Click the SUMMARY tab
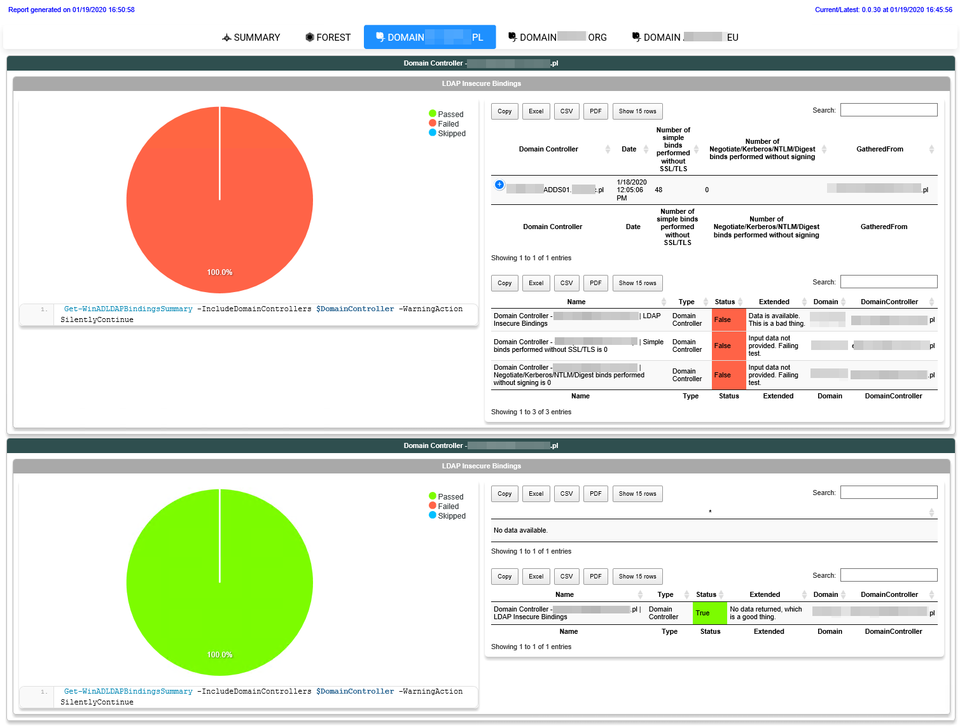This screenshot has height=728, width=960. pyautogui.click(x=251, y=38)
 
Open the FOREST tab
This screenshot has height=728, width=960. pyautogui.click(x=328, y=38)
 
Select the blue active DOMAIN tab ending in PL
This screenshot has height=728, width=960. pyautogui.click(x=429, y=38)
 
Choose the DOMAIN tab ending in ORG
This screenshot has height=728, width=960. pyautogui.click(x=557, y=38)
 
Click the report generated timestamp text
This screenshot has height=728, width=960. pyautogui.click(x=71, y=10)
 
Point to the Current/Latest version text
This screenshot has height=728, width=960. pyautogui.click(x=883, y=10)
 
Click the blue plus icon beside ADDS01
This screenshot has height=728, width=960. pyautogui.click(x=499, y=185)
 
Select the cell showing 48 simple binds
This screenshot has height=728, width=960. pyautogui.click(x=658, y=190)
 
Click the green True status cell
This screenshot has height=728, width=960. pyautogui.click(x=709, y=613)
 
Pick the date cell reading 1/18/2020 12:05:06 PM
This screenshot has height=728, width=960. pyautogui.click(x=631, y=190)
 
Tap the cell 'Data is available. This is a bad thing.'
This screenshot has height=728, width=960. pyautogui.click(x=776, y=319)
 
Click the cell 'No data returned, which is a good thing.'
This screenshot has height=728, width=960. pyautogui.click(x=766, y=613)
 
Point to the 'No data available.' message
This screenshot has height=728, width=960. pyautogui.click(x=520, y=530)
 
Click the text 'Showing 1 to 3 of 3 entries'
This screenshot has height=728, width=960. pyautogui.click(x=531, y=412)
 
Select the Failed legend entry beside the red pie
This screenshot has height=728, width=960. pyautogui.click(x=447, y=124)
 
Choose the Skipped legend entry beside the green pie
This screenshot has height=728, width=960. pyautogui.click(x=451, y=516)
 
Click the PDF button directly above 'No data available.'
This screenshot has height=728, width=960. pyautogui.click(x=595, y=494)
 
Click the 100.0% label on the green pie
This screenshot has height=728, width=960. pyautogui.click(x=219, y=655)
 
